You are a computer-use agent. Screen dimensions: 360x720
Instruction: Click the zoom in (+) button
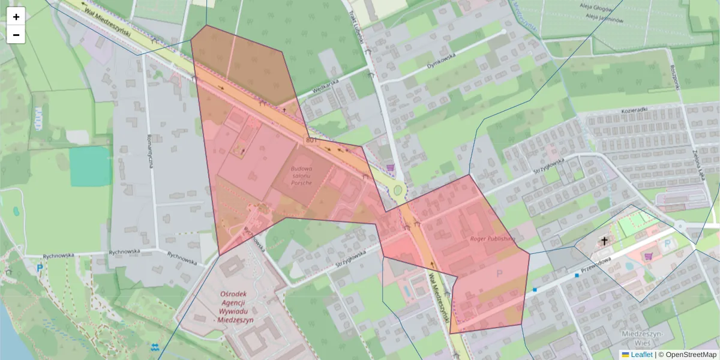(16, 17)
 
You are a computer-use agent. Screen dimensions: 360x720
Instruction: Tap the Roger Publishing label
(493, 238)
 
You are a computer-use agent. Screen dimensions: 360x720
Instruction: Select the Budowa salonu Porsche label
(301, 175)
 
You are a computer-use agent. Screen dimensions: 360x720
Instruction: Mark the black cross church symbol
(604, 241)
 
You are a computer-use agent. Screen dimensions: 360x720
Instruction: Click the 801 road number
(311, 140)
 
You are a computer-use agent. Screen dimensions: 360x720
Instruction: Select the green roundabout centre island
(397, 191)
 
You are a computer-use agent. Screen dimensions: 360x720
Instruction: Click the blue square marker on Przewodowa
(577, 275)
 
